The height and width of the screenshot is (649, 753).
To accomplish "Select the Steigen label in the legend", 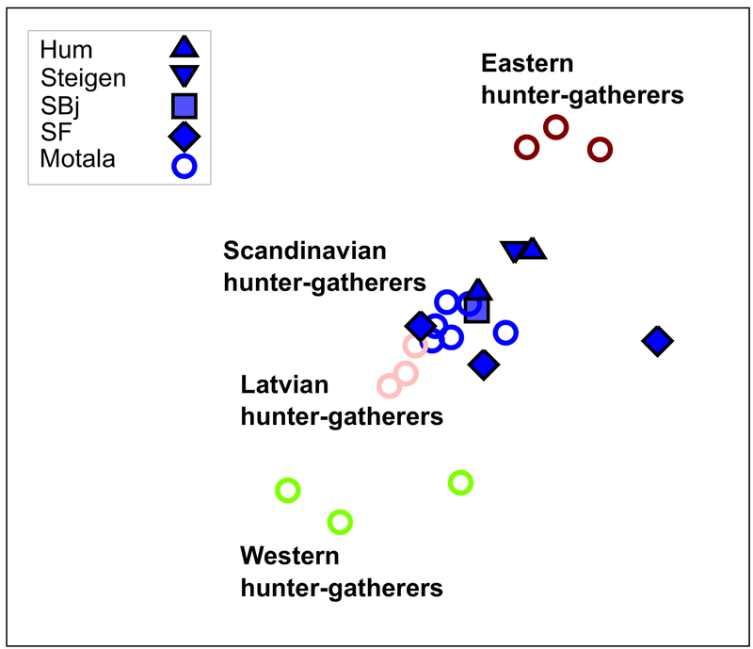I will click(x=83, y=77).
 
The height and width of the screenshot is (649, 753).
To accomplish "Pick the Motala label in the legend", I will click(x=77, y=159).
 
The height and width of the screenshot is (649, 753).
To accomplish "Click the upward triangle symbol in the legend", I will click(x=184, y=46).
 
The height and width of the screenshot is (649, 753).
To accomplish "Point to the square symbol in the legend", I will click(x=184, y=105).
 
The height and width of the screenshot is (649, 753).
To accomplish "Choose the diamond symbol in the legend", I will click(x=184, y=136).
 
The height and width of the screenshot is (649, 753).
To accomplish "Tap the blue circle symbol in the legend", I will click(x=184, y=166).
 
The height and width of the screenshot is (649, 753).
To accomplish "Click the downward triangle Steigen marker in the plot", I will click(x=514, y=251).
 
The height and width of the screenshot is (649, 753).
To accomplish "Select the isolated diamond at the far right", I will click(x=657, y=341).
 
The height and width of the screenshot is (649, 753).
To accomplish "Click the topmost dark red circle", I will click(x=555, y=126).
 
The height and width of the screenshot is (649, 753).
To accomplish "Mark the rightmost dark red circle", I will click(x=600, y=149).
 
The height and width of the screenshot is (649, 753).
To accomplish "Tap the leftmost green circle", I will click(x=288, y=490).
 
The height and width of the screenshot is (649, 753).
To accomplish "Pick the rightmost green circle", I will click(x=460, y=483).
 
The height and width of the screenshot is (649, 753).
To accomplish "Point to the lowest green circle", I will click(x=340, y=521).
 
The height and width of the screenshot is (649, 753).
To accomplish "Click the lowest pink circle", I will click(x=389, y=385).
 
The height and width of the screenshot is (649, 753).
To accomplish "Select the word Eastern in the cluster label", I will click(x=526, y=64).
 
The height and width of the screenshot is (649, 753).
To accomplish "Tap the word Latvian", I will click(x=284, y=385).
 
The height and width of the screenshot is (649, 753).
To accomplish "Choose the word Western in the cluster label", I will click(x=289, y=556).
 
